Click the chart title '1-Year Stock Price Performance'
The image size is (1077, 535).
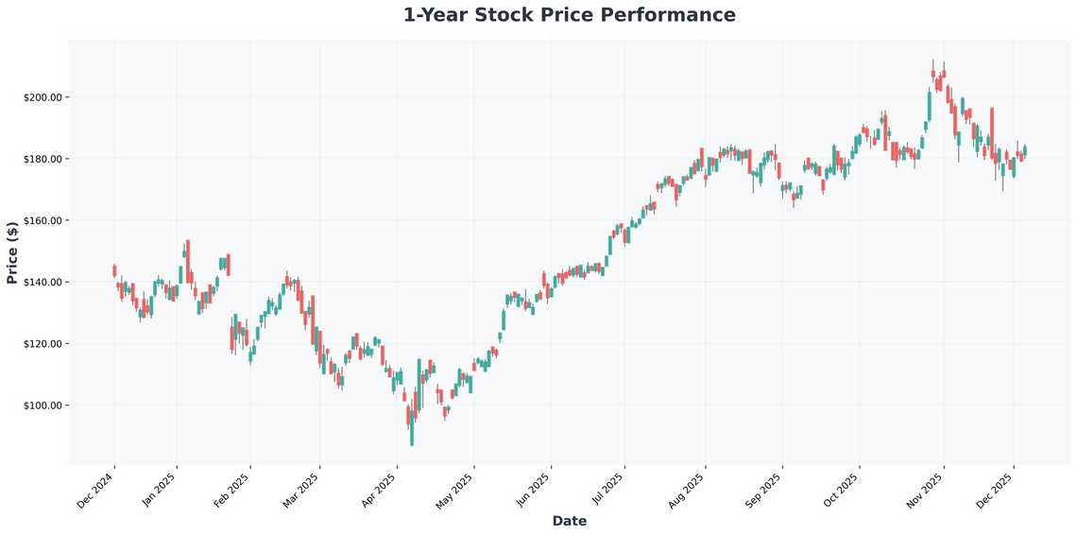point(569,15)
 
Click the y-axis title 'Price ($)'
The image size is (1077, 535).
point(12,252)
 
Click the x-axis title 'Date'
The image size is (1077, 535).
point(569,521)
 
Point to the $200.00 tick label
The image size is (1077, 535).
point(43,97)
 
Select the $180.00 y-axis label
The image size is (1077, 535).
point(43,159)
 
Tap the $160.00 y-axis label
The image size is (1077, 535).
point(43,220)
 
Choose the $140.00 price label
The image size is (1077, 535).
point(43,283)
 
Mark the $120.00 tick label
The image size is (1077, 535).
point(43,344)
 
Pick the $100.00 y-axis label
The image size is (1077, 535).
point(43,406)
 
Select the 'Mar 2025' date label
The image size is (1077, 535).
point(302,488)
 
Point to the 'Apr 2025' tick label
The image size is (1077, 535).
point(379,488)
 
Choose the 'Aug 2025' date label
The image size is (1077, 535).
point(687,488)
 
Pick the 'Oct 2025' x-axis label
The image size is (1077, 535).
point(842,488)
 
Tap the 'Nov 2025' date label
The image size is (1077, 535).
point(926,488)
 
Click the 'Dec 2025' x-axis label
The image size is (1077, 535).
point(996,488)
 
